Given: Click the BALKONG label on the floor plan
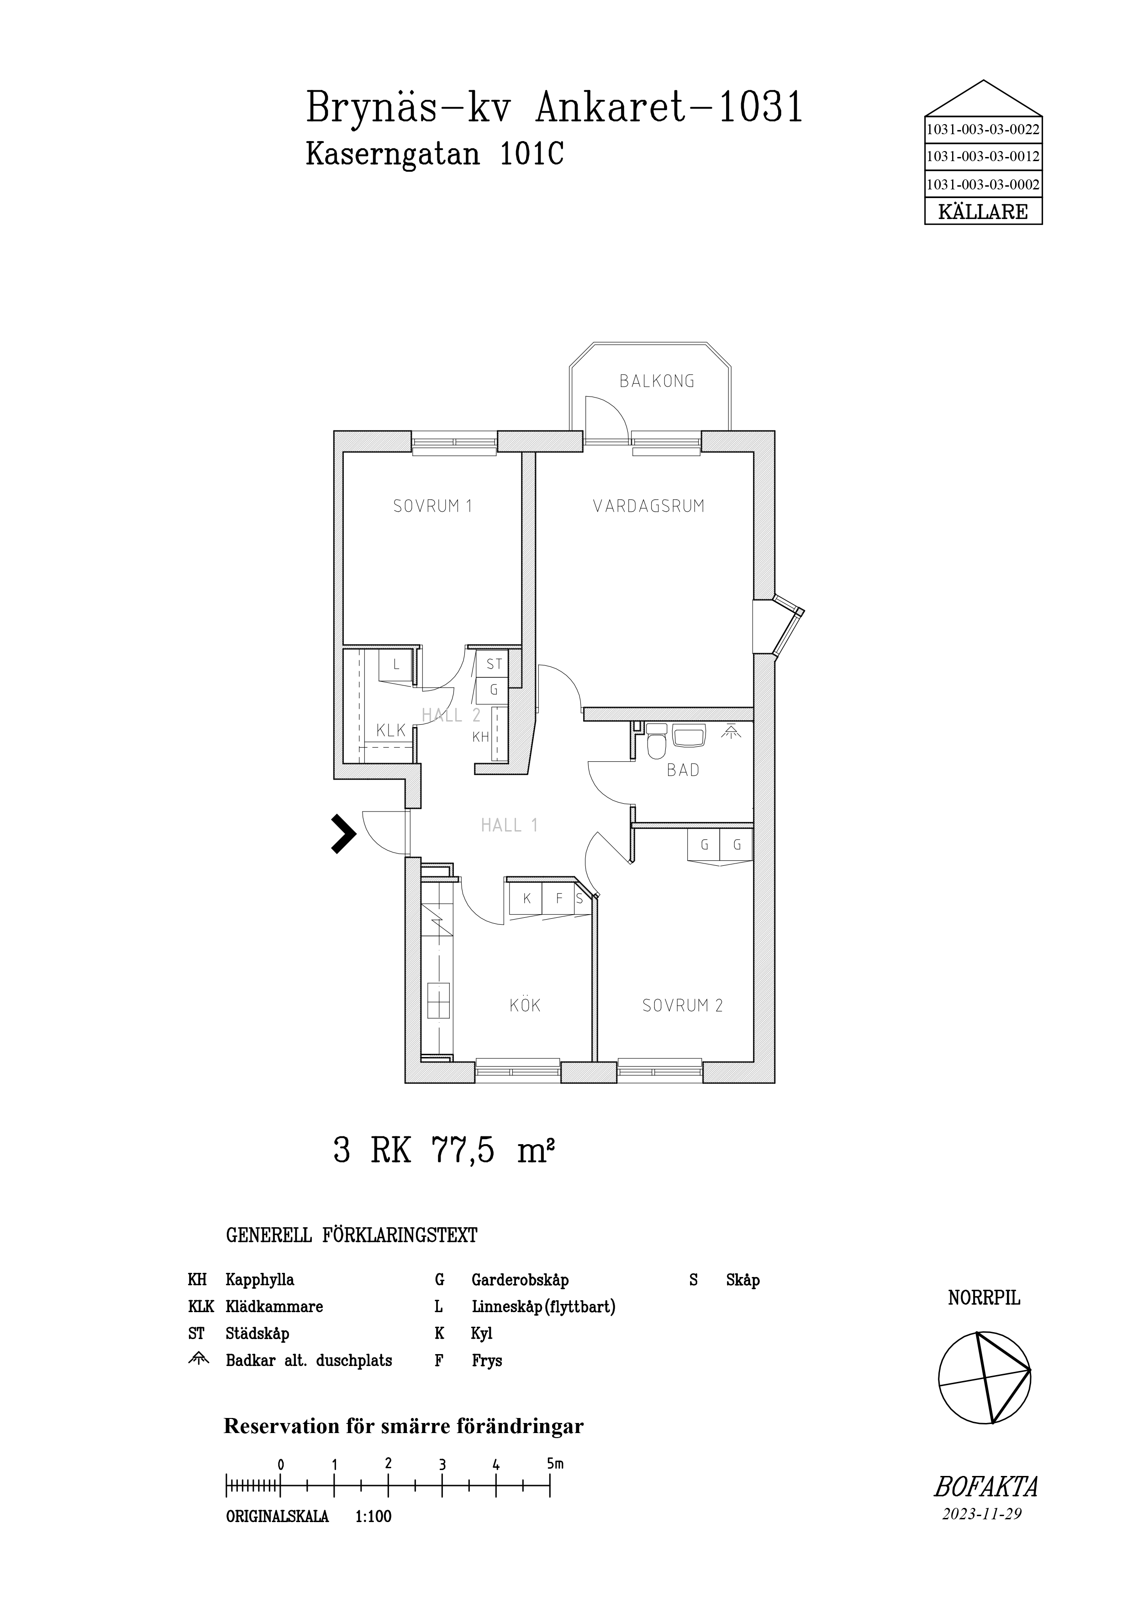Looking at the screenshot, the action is (657, 382).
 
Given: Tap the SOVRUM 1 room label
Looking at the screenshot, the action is (432, 506).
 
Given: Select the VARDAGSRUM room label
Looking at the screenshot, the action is (648, 506).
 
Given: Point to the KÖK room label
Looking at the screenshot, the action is (525, 1005).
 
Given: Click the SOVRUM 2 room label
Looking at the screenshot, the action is (682, 1005).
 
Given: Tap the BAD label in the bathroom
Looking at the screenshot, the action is (683, 770).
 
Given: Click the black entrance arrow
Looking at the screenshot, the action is (342, 834).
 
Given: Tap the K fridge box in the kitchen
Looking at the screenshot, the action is (527, 899).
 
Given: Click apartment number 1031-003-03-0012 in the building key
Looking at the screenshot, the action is (983, 157).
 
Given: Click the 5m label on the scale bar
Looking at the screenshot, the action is (555, 1464).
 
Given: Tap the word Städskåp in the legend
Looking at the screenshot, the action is (258, 1334).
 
